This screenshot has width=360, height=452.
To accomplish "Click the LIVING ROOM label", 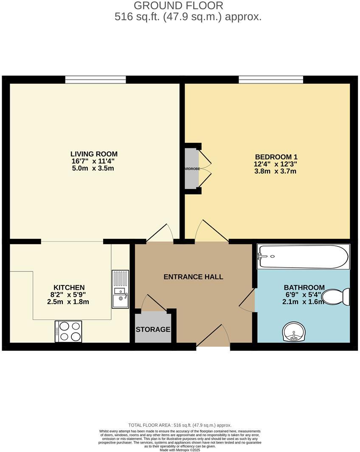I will (x=94, y=154).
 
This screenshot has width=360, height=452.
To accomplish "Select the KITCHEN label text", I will (x=69, y=288).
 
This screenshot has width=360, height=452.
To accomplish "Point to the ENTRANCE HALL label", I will (x=193, y=277).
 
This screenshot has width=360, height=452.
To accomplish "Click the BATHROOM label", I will (x=304, y=288).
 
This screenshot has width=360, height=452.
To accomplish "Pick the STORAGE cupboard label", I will (x=153, y=329).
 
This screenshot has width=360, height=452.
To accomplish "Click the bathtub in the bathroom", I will (x=303, y=257).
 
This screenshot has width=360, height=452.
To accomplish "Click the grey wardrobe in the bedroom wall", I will (x=191, y=168).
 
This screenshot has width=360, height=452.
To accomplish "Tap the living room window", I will (x=96, y=79).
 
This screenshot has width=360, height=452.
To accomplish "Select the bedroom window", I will (x=271, y=79).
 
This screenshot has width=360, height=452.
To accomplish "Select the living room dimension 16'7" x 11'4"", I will (x=93, y=161).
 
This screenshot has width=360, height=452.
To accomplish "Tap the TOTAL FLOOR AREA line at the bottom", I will (x=180, y=425).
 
